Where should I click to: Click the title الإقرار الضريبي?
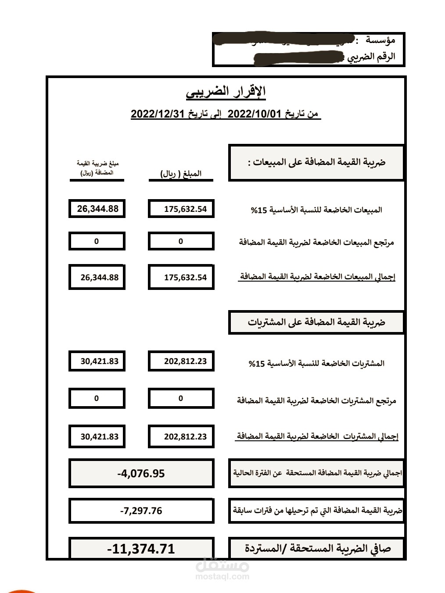click(x=226, y=92)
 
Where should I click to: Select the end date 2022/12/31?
click(x=157, y=114)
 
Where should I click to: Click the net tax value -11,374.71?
click(x=141, y=549)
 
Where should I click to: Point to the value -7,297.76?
click(x=141, y=511)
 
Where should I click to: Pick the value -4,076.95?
click(x=141, y=473)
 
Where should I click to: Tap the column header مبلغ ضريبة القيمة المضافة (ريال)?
click(x=97, y=168)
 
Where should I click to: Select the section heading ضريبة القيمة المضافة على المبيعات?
click(x=316, y=162)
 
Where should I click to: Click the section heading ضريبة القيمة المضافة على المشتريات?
click(x=316, y=322)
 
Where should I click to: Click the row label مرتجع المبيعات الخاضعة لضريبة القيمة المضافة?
click(x=316, y=242)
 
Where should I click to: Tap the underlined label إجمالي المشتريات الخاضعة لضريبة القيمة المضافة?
click(x=317, y=436)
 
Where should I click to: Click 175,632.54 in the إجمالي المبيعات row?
click(x=185, y=277)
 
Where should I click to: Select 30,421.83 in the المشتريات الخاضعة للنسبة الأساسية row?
click(x=99, y=361)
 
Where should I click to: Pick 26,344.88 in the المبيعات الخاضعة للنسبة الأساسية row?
click(x=97, y=209)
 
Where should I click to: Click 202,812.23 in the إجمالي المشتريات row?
click(x=185, y=436)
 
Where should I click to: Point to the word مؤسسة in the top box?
click(x=380, y=40)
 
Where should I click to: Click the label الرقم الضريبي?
click(x=371, y=57)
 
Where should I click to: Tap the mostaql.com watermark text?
click(x=222, y=577)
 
